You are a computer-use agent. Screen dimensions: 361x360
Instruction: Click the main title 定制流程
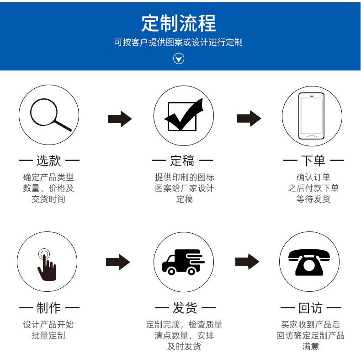178,23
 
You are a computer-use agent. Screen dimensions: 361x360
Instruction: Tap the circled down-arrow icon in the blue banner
179,59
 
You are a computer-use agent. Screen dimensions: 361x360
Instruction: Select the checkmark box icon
183,115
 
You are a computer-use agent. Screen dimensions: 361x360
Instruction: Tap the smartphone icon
311,116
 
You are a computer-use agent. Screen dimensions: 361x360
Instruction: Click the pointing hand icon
47,264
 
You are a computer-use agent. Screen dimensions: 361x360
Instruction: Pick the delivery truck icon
183,262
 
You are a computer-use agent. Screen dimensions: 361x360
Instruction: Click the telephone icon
309,262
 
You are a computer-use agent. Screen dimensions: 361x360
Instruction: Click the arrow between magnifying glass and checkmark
120,119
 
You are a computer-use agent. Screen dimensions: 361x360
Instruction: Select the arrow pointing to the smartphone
249,118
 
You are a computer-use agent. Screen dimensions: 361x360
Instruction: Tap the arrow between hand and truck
118,262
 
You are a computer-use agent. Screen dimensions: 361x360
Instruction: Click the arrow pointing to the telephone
247,262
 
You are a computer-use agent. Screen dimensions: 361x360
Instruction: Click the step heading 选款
48,161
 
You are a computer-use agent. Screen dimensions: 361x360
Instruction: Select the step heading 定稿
182,161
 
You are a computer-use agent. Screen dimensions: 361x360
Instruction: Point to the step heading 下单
313,161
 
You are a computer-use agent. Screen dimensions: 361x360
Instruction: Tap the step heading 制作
48,308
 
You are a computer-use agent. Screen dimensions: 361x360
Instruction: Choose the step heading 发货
185,308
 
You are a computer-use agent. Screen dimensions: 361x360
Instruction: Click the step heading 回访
311,308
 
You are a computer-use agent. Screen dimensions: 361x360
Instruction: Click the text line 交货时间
48,199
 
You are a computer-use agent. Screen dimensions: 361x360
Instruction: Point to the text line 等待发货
313,199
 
